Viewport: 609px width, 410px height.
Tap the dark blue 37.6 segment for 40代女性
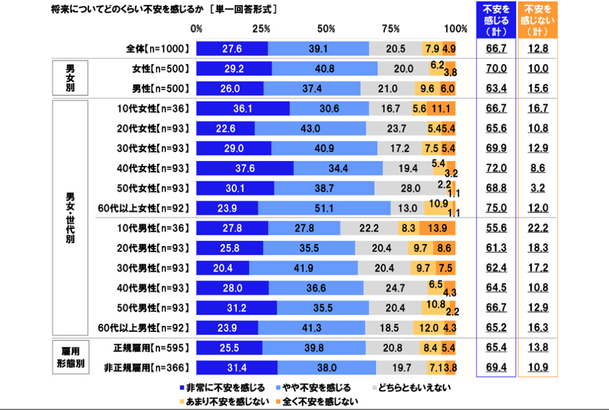pos(245,168)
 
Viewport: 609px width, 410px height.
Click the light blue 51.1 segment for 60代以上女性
pos(324,208)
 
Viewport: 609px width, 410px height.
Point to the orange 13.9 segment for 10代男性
pos(438,228)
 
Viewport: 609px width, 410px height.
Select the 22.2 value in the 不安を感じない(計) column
pos(538,228)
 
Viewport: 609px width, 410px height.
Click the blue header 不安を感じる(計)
pos(497,20)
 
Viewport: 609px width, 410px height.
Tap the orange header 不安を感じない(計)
pos(538,20)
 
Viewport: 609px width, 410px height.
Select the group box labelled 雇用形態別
pos(70,358)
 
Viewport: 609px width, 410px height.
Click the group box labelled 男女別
pos(70,79)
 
